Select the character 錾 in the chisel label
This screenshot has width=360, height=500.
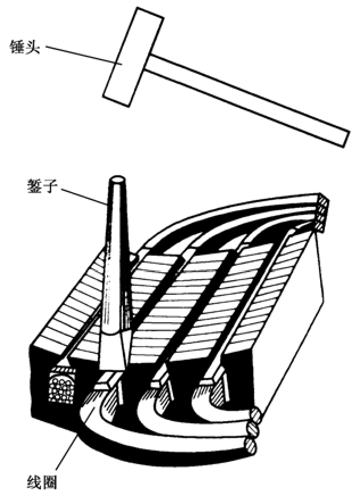click(34, 186)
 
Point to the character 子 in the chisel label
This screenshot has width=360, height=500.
click(49, 186)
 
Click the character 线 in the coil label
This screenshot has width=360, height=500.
click(34, 482)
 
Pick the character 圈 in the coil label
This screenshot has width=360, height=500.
click(49, 482)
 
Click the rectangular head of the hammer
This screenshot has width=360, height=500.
click(133, 57)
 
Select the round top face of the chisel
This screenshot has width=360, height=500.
click(118, 179)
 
